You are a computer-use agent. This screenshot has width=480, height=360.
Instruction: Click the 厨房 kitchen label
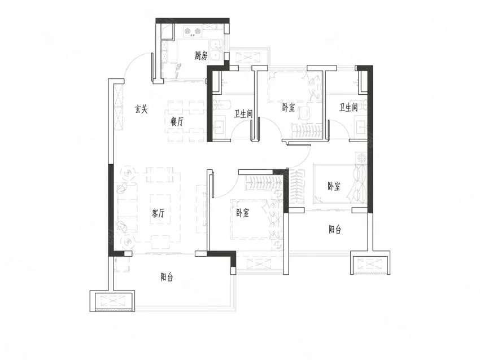click(x=201, y=56)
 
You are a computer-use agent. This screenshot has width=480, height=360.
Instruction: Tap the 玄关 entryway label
click(x=141, y=109)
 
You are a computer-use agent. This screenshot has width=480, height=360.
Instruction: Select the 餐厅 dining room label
click(x=177, y=121)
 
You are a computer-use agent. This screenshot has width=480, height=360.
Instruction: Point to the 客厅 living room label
click(x=158, y=213)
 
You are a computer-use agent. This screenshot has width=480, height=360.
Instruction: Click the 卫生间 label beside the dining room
click(x=244, y=114)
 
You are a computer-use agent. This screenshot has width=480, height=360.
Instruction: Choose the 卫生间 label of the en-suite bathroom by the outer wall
click(x=348, y=107)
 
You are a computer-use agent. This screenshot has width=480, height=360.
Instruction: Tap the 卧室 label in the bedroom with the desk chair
click(x=289, y=107)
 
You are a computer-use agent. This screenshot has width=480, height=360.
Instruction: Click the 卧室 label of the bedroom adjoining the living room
click(x=242, y=213)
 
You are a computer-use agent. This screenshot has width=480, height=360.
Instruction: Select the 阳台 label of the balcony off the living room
click(x=167, y=277)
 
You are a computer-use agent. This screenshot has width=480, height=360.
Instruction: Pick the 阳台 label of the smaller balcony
click(x=335, y=229)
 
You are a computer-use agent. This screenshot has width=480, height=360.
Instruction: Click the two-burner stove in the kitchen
click(x=192, y=32)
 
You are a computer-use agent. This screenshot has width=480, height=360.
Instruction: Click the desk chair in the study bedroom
click(x=304, y=112)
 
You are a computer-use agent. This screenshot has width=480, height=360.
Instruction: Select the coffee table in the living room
click(x=160, y=209)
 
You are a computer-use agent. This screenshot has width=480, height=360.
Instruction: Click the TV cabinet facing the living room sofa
click(x=201, y=209)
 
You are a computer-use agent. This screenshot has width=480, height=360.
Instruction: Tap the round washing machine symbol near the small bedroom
click(x=361, y=158)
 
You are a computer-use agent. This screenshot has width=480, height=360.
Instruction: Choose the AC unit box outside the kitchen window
click(x=248, y=58)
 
